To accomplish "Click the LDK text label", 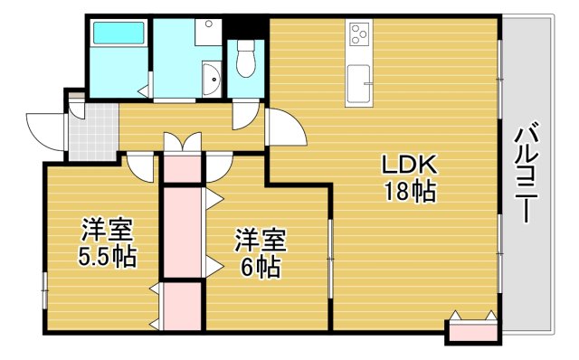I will [x=410, y=165].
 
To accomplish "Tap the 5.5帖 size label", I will [x=106, y=257].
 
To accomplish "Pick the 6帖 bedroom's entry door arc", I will [x=220, y=166].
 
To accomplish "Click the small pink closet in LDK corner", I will [x=471, y=331].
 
